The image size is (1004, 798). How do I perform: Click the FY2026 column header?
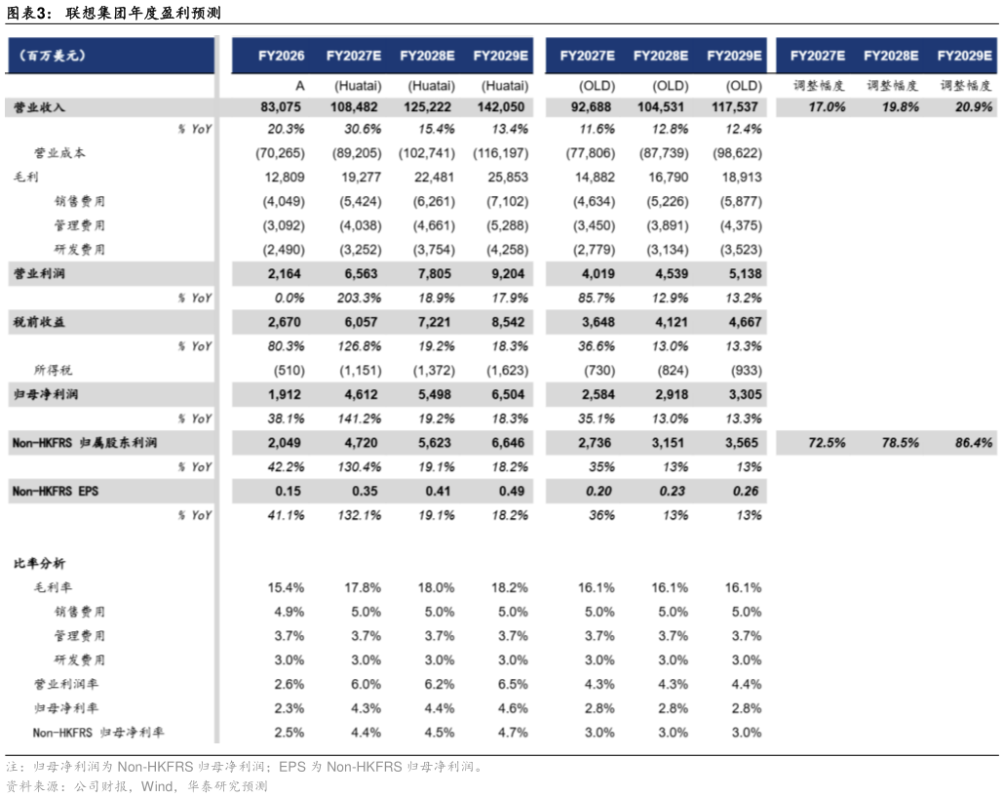pos(281,56)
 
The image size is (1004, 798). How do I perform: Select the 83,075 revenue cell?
pos(283,107)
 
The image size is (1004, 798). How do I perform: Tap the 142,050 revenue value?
pos(501,107)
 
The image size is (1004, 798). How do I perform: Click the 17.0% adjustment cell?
pos(827,107)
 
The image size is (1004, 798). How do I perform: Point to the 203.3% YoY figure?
pos(360,299)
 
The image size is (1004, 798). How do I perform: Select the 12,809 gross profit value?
pos(285,177)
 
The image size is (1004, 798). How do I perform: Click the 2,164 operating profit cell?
pos(285,274)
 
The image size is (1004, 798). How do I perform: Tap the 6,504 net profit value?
pos(508,394)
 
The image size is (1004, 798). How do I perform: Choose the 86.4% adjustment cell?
pos(973,442)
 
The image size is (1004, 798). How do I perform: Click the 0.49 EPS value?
pos(512,491)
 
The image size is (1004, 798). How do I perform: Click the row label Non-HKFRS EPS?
pos(55,491)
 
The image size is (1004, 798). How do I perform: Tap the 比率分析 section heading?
pos(40,564)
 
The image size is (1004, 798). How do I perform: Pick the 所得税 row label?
pos(54,371)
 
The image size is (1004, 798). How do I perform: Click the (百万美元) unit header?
pos(52,56)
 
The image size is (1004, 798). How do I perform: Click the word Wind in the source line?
pos(157,786)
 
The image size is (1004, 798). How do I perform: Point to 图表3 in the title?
pos(27,12)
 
